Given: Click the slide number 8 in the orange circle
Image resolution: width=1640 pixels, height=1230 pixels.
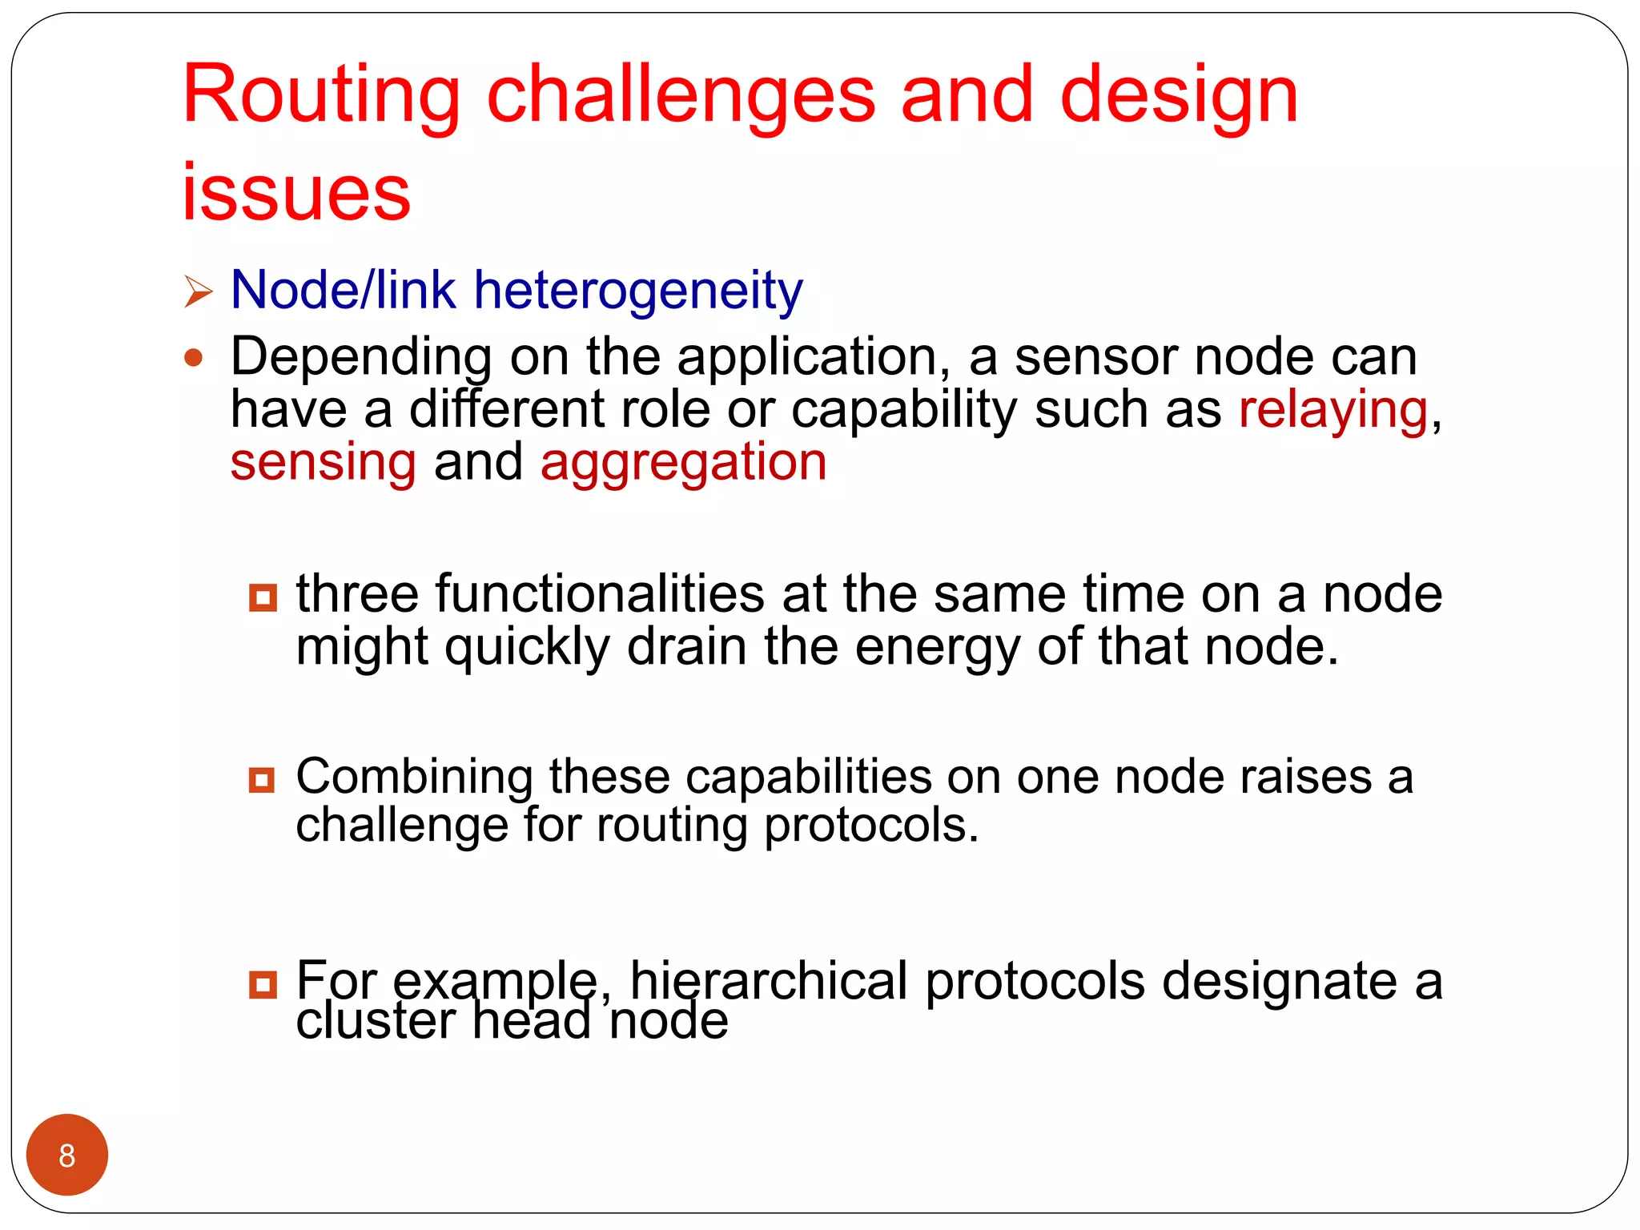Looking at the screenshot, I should [66, 1155].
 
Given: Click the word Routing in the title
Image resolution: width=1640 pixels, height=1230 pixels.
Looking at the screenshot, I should [320, 96].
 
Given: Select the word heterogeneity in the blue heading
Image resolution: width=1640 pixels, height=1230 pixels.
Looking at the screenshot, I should [638, 290].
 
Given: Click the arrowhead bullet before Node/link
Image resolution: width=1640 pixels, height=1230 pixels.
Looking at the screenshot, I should [198, 291].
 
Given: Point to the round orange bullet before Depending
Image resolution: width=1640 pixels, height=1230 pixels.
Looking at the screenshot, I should [193, 357].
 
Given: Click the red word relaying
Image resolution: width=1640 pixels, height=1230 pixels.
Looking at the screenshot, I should [1333, 410].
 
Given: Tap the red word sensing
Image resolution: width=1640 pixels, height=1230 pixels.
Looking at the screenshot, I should [323, 462].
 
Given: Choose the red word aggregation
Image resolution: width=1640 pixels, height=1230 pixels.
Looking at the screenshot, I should [683, 462].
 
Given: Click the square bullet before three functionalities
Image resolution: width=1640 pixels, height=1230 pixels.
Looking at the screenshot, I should [263, 597].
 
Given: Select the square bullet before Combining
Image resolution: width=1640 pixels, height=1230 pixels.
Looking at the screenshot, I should [262, 779].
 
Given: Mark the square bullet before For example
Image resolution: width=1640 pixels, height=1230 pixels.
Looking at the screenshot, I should [263, 984].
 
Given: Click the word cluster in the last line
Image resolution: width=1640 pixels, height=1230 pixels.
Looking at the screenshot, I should [376, 1022].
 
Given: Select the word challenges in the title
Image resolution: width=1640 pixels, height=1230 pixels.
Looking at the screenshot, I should [681, 96].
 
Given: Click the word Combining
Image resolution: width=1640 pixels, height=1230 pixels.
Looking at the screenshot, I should [414, 778].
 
